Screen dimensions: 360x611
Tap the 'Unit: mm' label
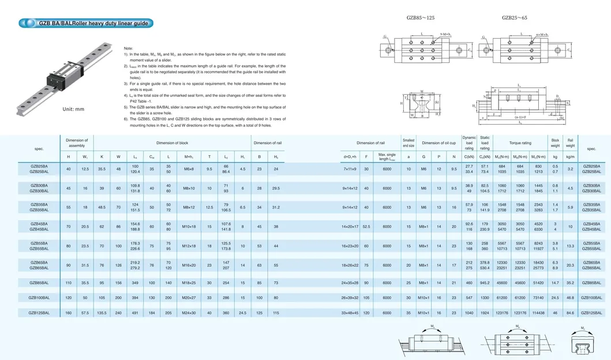point(73,109)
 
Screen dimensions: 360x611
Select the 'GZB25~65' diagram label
point(515,18)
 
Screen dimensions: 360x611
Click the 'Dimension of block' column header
point(172,142)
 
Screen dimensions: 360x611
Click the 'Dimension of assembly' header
point(77,142)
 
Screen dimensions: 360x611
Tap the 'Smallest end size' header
point(408,142)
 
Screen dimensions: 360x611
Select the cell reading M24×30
point(189,312)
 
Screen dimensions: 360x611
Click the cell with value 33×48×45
point(350,312)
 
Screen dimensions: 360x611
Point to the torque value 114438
point(539,312)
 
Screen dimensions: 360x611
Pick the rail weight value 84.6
point(570,312)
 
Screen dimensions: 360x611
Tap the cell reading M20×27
point(189,297)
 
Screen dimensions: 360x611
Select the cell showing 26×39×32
point(350,297)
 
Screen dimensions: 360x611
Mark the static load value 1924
point(485,312)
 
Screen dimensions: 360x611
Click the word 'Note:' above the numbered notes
point(128,48)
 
